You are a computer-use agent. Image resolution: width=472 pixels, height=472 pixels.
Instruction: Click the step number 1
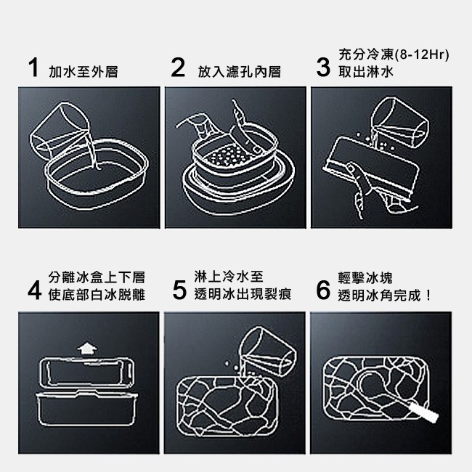34,68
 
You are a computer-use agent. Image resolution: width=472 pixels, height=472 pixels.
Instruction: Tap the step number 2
178,68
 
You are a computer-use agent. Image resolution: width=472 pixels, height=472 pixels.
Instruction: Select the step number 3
324,68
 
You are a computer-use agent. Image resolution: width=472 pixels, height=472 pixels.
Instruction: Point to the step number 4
34,290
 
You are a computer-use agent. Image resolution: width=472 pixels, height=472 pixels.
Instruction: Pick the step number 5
179,290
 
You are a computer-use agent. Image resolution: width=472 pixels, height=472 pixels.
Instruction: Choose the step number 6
324,290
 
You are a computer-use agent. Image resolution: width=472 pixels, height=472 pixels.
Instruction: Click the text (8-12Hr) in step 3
421,55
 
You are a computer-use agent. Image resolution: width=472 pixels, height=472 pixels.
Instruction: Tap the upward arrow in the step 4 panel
87,349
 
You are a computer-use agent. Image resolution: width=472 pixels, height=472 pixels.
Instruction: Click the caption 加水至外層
84,72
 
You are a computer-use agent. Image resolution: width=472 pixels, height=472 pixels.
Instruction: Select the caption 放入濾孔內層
240,72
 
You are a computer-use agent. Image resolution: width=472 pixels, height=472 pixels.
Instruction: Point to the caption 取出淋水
366,72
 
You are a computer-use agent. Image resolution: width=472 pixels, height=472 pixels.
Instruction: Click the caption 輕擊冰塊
365,277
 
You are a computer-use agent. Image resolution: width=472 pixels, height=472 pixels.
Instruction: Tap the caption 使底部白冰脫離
97,295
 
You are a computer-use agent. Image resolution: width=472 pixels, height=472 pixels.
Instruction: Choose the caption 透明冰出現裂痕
243,295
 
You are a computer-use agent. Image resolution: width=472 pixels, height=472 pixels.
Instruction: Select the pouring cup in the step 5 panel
269,351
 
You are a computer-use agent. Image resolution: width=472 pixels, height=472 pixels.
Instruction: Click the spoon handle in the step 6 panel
421,412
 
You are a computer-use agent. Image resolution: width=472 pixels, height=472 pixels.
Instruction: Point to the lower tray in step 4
86,408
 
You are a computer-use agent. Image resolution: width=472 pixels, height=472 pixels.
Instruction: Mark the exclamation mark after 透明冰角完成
428,296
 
